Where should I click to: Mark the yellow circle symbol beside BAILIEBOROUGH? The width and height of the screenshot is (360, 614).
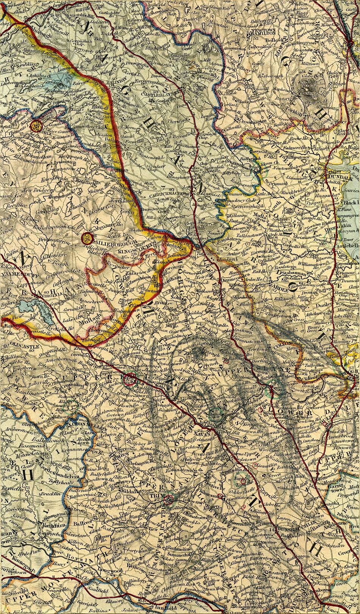(x=88, y=238)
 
